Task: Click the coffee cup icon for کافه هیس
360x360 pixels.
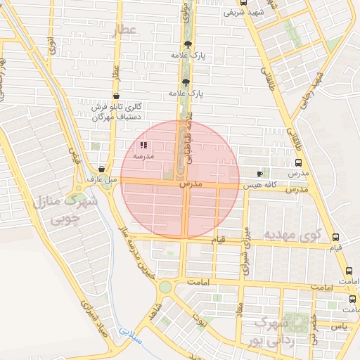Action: click(x=261, y=173)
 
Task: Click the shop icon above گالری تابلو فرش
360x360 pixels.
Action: click(x=116, y=96)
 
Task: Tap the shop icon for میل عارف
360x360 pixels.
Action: click(x=103, y=169)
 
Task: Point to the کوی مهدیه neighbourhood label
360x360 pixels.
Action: click(x=292, y=233)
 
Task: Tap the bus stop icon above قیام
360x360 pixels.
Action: click(x=335, y=238)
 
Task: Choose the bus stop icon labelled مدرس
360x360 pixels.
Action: click(x=298, y=163)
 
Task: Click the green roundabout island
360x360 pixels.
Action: click(x=165, y=286)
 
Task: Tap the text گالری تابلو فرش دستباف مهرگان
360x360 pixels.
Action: click(x=118, y=111)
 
